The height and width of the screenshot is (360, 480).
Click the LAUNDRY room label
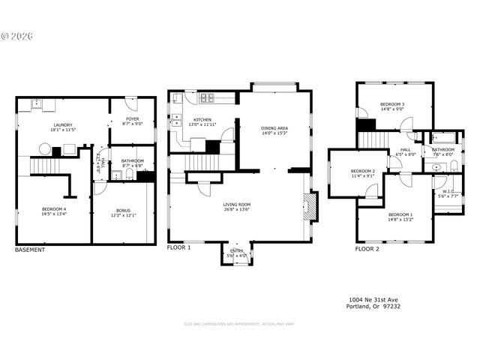click(63, 125)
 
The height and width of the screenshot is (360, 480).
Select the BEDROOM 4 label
click(53, 209)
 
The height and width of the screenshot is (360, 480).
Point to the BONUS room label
click(123, 211)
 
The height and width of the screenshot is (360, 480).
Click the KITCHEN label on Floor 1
click(202, 120)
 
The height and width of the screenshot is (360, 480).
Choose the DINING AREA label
click(274, 128)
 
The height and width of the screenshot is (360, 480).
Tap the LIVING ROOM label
click(237, 204)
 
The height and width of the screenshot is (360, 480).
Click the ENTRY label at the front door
click(237, 251)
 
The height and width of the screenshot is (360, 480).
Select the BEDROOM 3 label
click(392, 104)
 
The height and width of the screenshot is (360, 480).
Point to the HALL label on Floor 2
click(405, 150)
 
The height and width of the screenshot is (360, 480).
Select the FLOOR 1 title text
click(178, 247)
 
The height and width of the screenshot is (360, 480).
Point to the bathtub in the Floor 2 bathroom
click(444, 138)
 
